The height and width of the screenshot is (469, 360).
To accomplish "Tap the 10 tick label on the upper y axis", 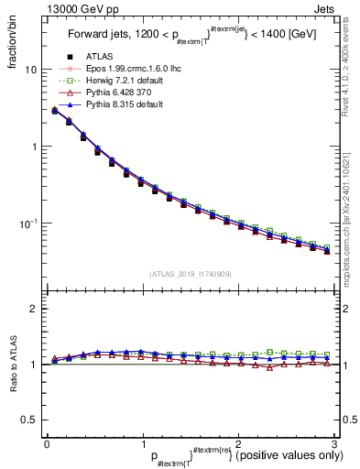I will point(31,70).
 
